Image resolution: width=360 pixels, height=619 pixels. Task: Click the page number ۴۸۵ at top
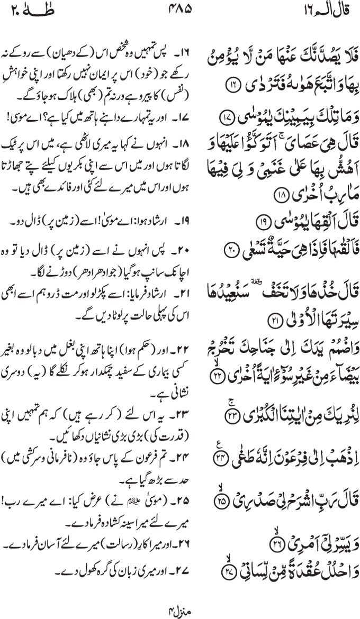[180, 10]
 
